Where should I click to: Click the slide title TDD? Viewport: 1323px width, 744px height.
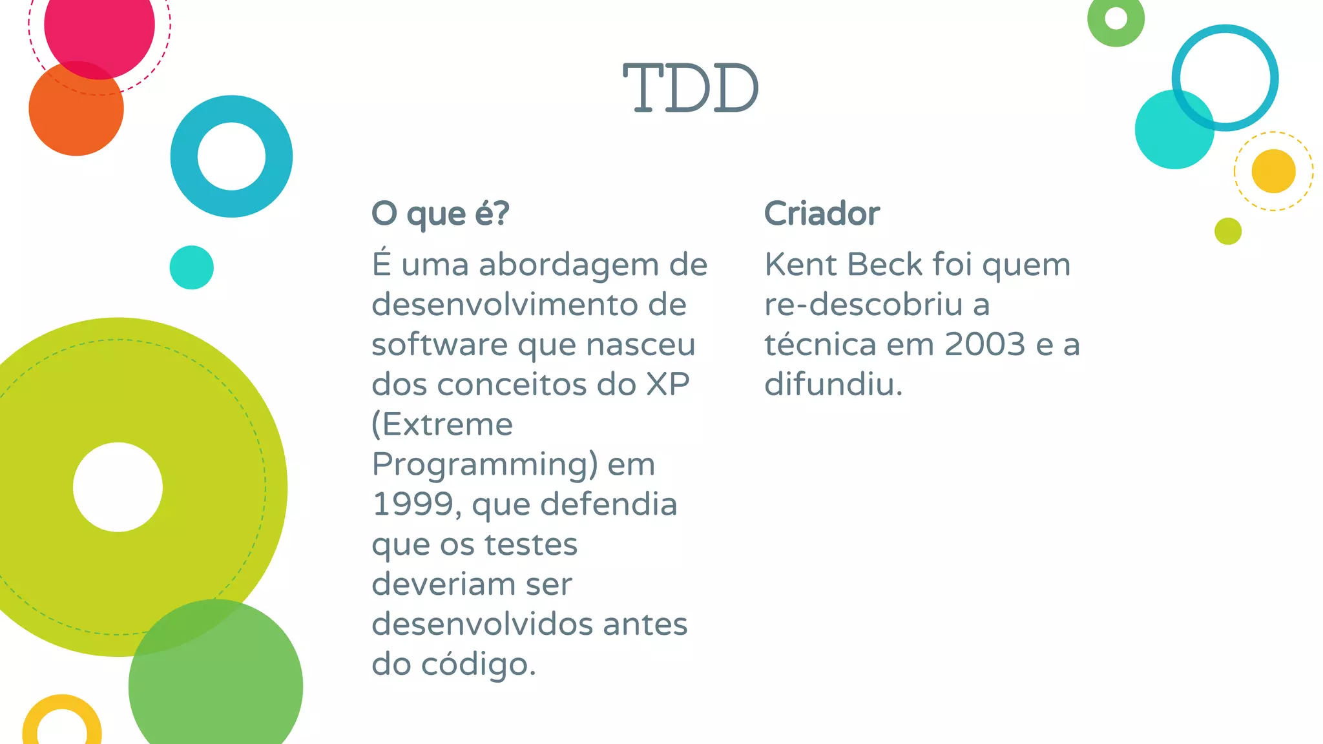tap(691, 88)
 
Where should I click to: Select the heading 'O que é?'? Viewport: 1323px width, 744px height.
tap(441, 214)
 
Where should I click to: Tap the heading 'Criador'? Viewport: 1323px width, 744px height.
tap(822, 214)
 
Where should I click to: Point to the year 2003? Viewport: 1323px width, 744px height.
tap(984, 344)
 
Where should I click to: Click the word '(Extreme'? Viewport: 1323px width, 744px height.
tap(443, 425)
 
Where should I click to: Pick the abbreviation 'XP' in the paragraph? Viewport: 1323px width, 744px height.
tap(668, 385)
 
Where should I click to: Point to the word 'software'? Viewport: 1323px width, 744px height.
tap(439, 345)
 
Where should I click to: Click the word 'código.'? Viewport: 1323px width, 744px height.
tap(478, 665)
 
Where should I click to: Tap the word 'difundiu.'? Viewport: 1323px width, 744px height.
tap(833, 385)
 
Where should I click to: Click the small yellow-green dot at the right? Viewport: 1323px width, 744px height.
tap(1227, 231)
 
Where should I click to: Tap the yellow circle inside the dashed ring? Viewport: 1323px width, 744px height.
tap(1273, 171)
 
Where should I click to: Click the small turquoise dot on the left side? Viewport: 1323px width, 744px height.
tap(191, 267)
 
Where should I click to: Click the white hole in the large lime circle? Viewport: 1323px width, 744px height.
tap(118, 487)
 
